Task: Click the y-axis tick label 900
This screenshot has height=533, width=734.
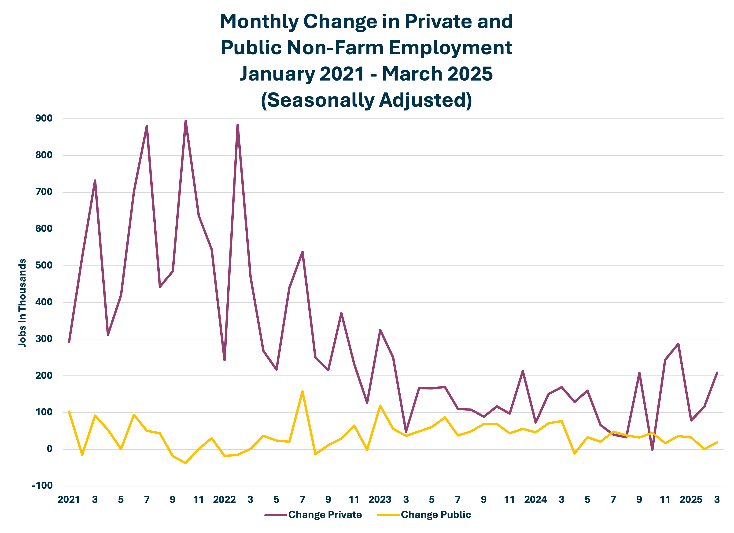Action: coord(44,118)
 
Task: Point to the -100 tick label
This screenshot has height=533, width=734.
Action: coord(42,485)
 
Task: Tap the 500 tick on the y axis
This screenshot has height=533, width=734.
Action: coord(44,265)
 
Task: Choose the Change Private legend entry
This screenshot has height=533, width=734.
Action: coord(325,515)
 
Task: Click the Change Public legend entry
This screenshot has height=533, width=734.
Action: coord(436,515)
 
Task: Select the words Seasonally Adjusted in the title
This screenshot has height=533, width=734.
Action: coord(366,100)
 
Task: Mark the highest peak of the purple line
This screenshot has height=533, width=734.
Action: coord(185,121)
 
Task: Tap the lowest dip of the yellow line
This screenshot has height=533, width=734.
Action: coord(185,463)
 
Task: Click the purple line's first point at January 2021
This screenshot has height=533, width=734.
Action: coord(69,342)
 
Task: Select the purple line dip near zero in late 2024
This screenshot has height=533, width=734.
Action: coord(652,449)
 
